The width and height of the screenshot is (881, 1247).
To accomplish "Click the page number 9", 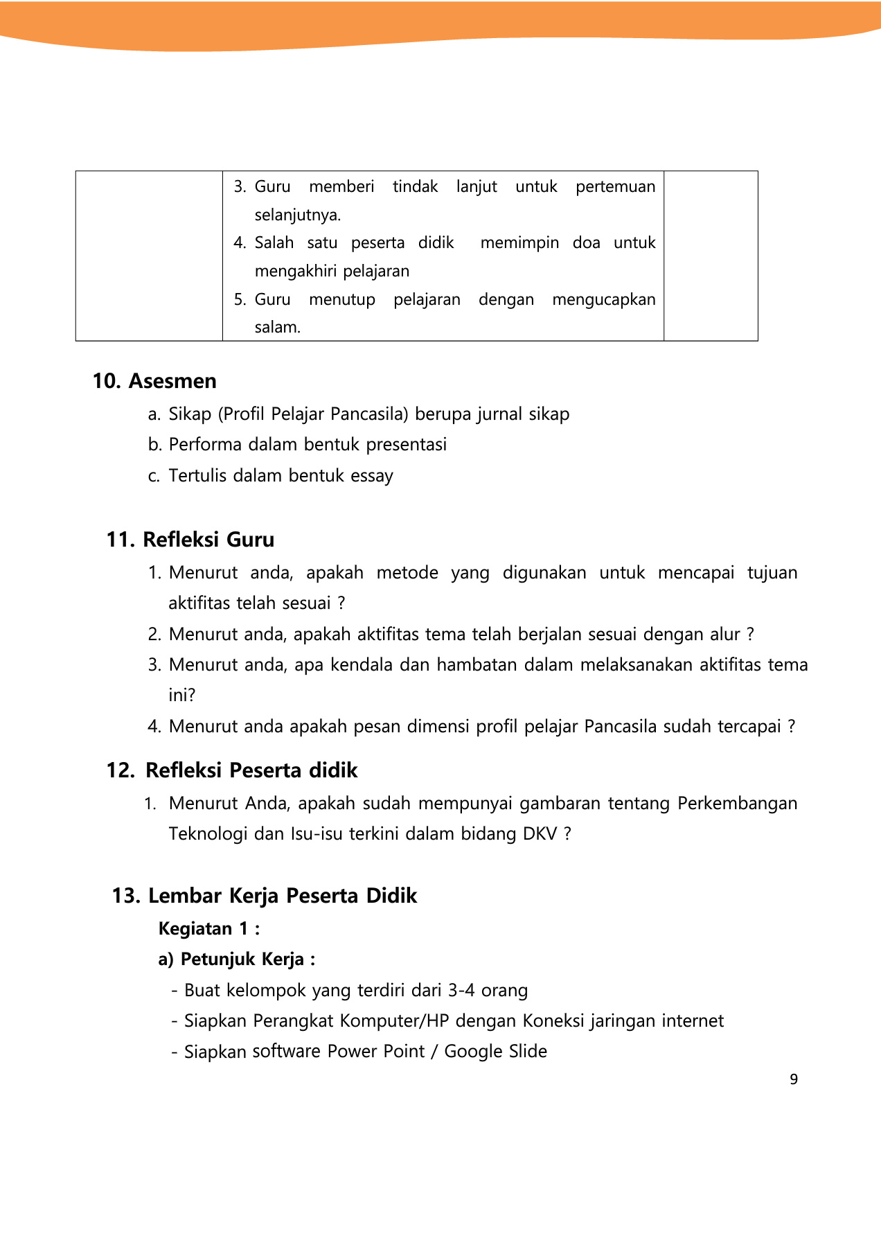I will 794,1079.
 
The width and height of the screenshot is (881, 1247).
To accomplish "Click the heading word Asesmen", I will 172,381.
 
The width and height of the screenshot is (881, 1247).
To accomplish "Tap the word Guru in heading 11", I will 247,540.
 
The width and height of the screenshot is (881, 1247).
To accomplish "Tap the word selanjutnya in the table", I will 296,215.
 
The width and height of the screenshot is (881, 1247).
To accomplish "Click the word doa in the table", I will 586,242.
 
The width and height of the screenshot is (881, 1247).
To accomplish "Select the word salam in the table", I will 276,327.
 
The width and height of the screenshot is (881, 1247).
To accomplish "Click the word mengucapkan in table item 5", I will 603,299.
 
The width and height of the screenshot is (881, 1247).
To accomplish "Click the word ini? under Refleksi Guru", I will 182,695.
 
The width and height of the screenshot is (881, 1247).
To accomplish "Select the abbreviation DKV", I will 540,833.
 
